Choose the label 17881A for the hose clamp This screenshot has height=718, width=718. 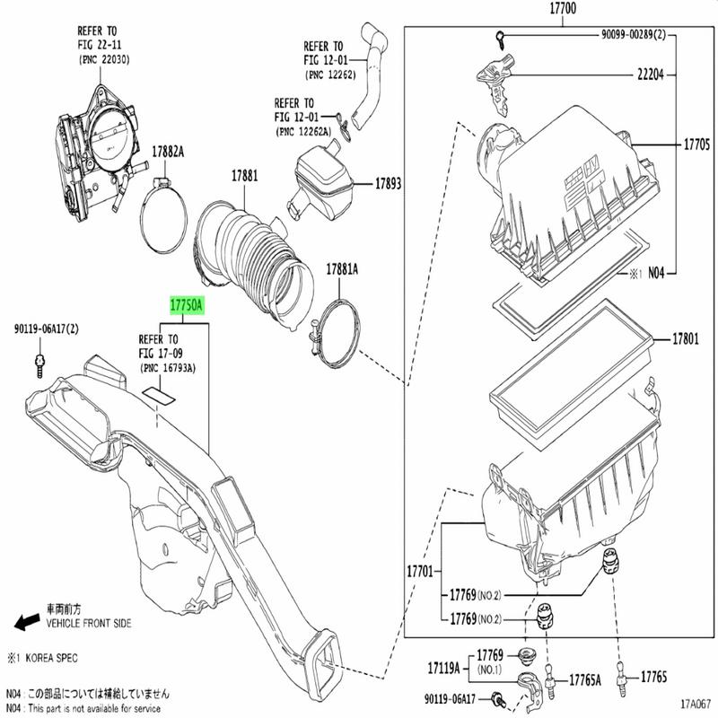[x=342, y=268]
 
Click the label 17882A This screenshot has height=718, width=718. [x=168, y=153]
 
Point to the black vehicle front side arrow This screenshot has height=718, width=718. [x=26, y=621]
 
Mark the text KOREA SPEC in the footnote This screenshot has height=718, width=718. [x=50, y=658]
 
